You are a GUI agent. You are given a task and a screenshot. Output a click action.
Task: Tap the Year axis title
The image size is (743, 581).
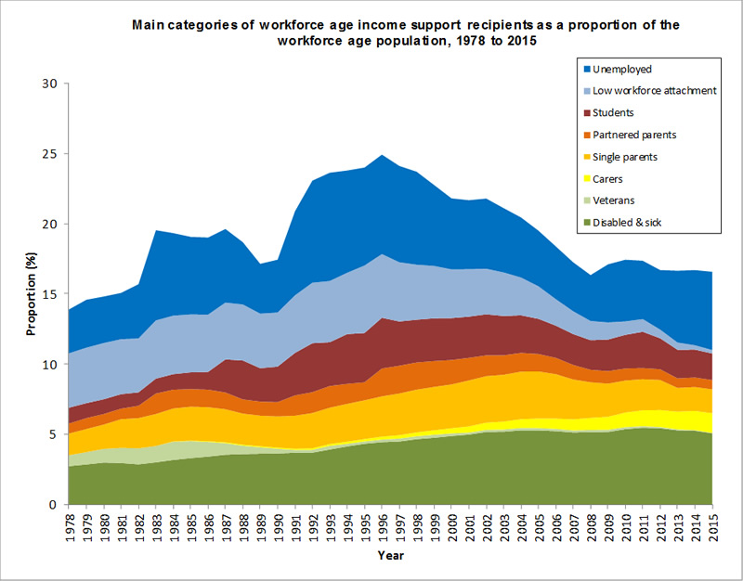coord(390,556)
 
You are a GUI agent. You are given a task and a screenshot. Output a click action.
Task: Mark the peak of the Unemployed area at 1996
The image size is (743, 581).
coord(385,155)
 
